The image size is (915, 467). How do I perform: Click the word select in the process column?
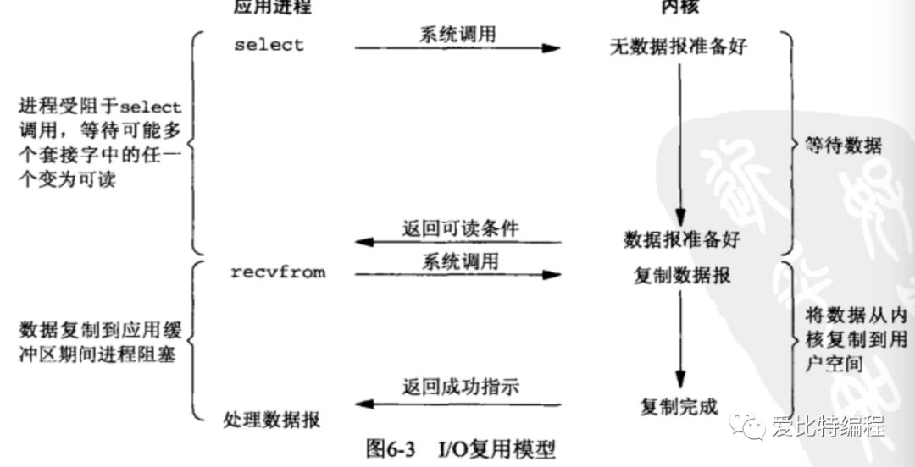point(268,45)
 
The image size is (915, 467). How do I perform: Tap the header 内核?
point(679,8)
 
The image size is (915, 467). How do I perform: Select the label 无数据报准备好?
point(679,47)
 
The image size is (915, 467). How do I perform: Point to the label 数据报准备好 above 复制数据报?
point(681,240)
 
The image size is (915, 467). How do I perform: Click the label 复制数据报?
point(682,276)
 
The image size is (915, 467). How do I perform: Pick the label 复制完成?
point(679,407)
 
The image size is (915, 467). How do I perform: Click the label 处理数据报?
point(272,418)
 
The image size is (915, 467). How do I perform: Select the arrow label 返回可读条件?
point(460,228)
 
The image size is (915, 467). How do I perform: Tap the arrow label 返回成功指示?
point(460,387)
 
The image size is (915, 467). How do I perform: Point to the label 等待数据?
point(843,146)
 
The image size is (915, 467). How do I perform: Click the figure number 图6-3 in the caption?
point(392,448)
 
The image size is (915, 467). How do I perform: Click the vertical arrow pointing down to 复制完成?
point(679,338)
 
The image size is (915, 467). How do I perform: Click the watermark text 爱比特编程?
point(828,427)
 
